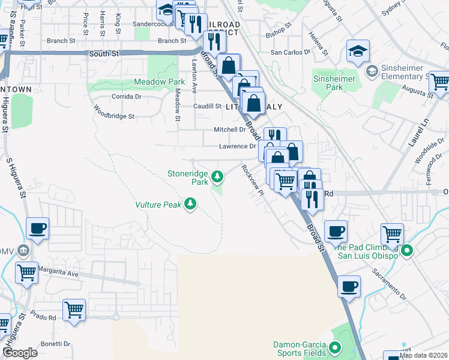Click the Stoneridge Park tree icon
tap(218, 176)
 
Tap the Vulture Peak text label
tap(158, 205)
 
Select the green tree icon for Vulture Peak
tap(190, 205)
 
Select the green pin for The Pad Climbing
tap(407, 251)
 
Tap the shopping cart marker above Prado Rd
tap(74, 310)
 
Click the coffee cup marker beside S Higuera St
tap(38, 229)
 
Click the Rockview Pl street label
tap(252, 180)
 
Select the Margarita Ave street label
tap(59, 272)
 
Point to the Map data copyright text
tap(423, 355)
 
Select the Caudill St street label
tap(207, 106)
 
